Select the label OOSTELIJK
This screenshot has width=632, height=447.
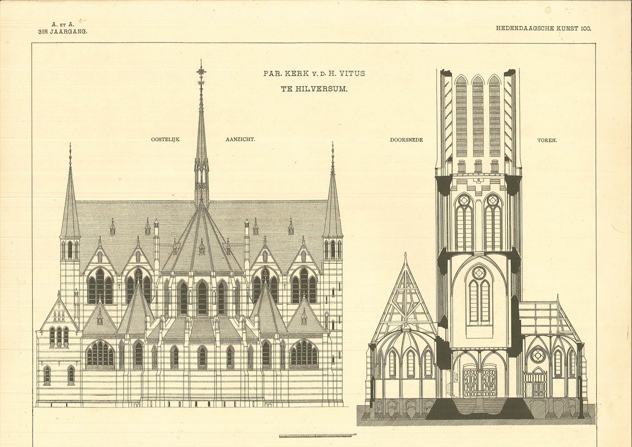click(165, 140)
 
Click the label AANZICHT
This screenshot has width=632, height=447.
click(240, 140)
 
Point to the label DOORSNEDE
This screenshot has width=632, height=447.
click(406, 140)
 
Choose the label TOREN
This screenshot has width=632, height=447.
click(547, 140)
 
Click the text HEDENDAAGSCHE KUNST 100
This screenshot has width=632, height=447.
click(543, 28)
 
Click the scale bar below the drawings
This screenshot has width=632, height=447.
click(315, 436)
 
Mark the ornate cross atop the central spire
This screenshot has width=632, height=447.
click(201, 72)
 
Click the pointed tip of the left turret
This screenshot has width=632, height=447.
click(70, 146)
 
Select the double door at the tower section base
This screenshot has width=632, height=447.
click(479, 381)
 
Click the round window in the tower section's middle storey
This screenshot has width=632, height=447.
click(478, 272)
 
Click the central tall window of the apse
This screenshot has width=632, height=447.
click(202, 297)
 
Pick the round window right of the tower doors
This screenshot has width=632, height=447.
click(537, 354)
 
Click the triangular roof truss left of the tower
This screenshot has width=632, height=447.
click(404, 301)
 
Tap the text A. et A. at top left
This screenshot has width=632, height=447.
click(62, 23)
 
